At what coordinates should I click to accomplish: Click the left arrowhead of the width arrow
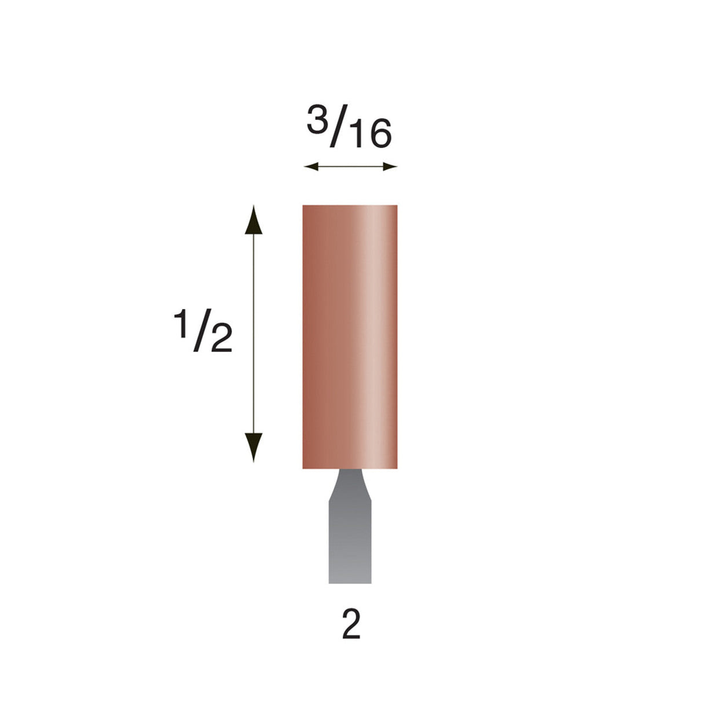[310, 167]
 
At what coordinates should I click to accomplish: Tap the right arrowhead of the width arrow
[391, 167]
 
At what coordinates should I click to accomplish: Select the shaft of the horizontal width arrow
[350, 167]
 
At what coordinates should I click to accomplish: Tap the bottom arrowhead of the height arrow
[252, 447]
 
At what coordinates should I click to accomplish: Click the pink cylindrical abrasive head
[350, 336]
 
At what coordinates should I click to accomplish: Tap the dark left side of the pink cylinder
[310, 336]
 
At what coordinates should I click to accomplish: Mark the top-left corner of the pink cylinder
[304, 206]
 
